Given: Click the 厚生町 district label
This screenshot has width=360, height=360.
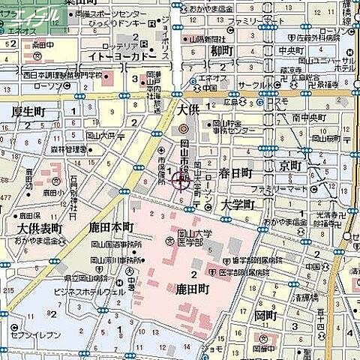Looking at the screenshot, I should click(28, 112).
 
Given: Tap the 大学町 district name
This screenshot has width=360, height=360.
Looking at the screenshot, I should click(238, 204).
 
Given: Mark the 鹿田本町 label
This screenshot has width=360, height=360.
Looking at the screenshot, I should click(109, 226).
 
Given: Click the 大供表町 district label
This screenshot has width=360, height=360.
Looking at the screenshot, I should click(38, 228).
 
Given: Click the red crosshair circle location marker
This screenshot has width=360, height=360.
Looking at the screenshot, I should click(179, 179).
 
